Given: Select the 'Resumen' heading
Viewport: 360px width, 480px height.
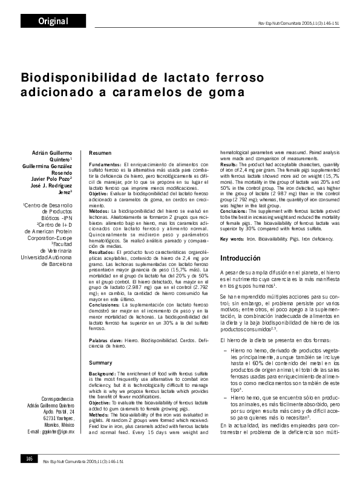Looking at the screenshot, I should point(100,153).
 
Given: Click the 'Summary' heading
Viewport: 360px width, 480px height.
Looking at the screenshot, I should point(101,363).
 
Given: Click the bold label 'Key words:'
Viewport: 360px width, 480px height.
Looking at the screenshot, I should point(232,239).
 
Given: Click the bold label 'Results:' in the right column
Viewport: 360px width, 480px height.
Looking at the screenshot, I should point(229,164).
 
